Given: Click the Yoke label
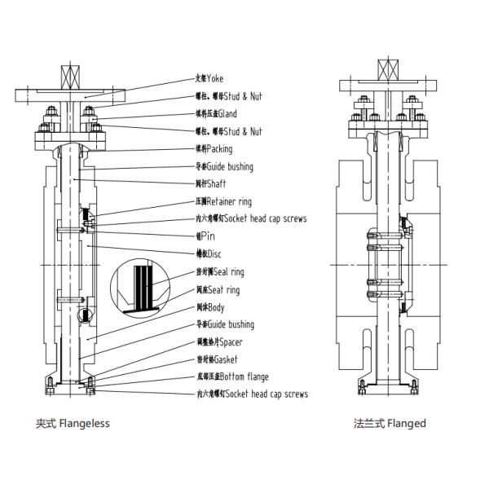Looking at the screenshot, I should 209,79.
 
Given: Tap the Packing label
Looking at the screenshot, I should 215,149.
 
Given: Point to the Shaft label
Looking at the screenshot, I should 214,183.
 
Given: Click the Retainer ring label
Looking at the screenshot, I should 224,200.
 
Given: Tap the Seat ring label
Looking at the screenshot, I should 220,289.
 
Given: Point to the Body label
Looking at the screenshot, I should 210,307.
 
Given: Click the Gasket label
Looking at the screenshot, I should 218,359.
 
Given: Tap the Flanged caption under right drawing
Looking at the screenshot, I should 390,424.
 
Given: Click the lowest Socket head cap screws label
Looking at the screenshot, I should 252,394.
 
